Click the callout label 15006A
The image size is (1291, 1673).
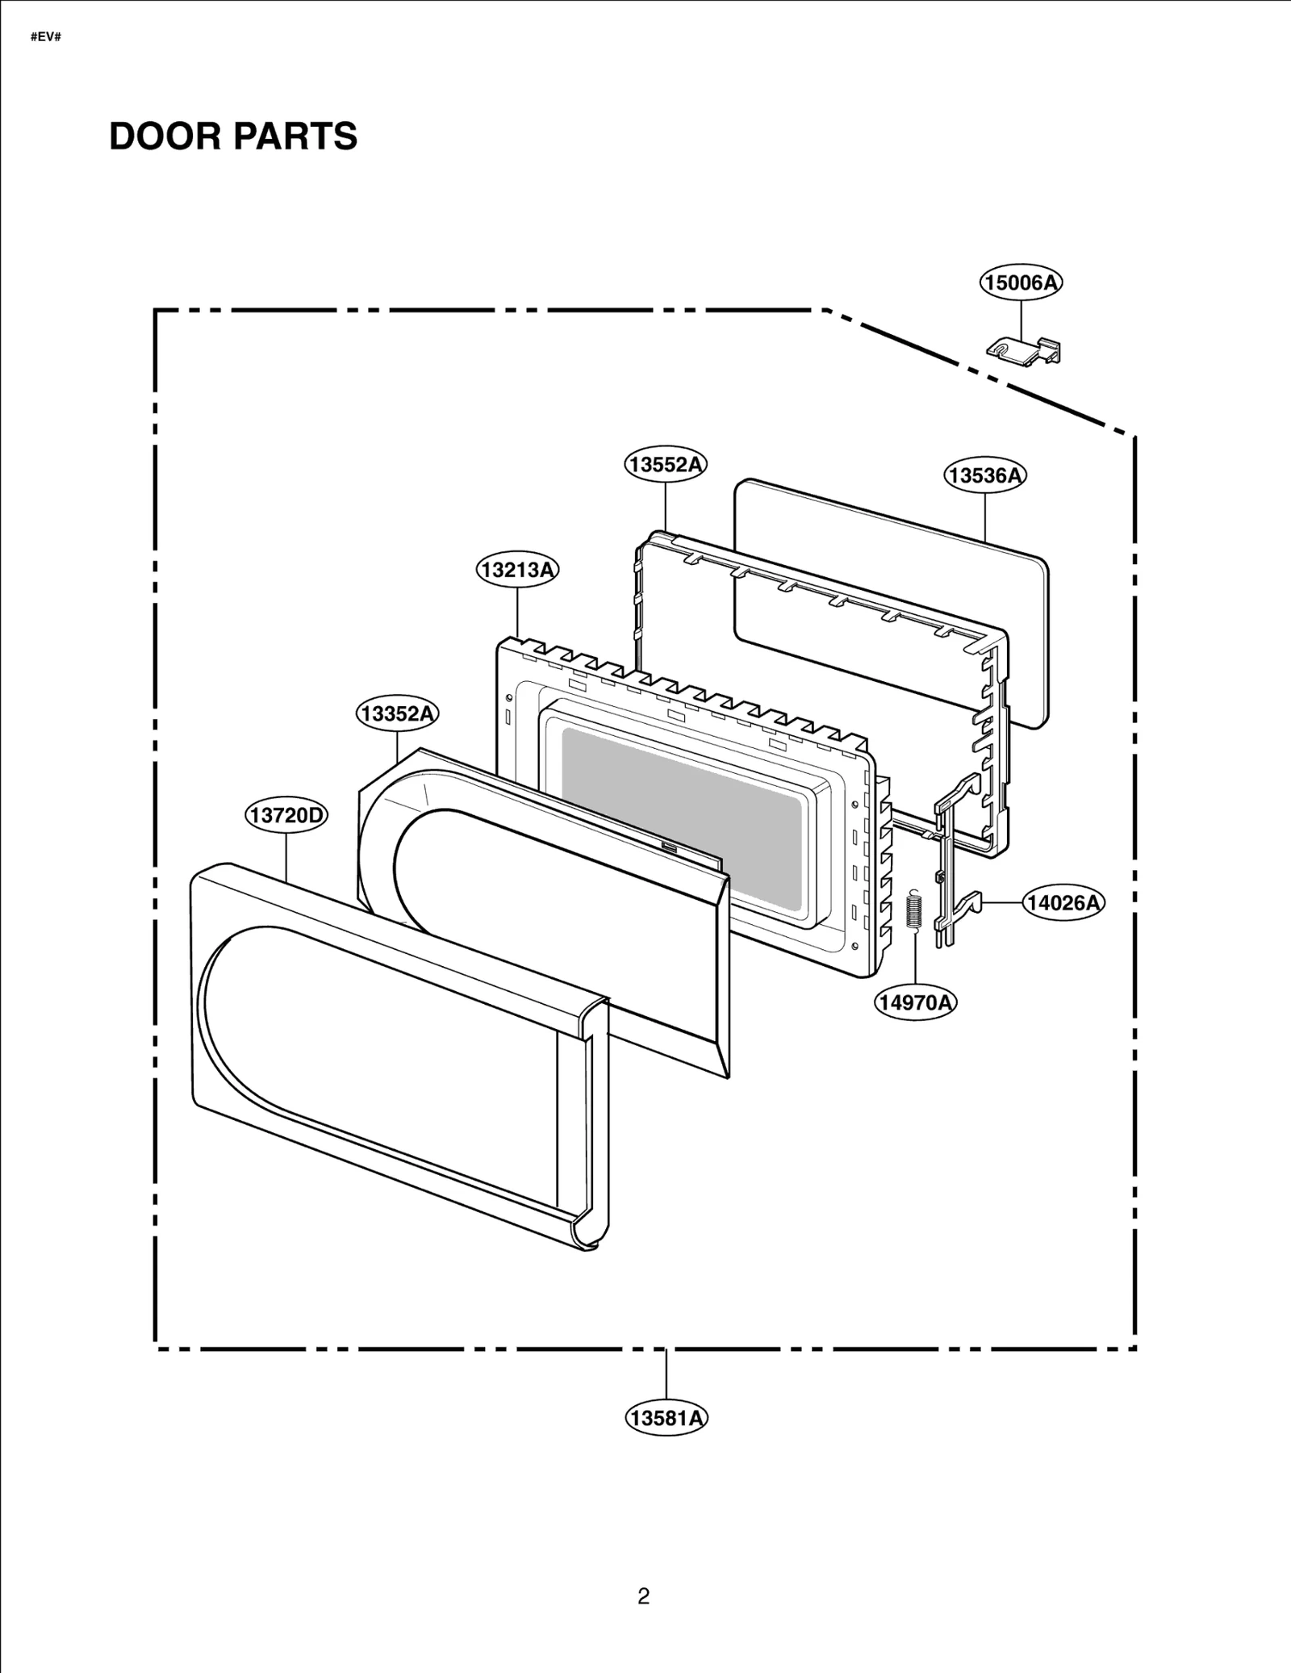pos(1021,282)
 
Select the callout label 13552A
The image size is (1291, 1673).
pos(666,465)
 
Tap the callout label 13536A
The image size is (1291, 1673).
pos(985,475)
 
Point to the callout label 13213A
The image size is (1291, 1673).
pos(517,571)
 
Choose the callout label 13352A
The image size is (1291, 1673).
pos(398,714)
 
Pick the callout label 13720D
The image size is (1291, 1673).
pos(286,816)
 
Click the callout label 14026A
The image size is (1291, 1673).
pos(1063,902)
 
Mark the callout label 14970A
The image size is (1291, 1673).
pos(916,1003)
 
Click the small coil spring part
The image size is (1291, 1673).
pos(914,910)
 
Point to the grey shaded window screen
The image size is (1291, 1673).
pos(682,815)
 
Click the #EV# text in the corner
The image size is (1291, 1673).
pos(46,38)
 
